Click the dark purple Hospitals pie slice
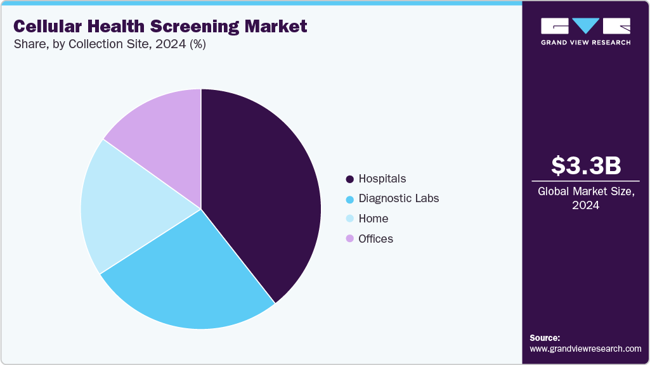tap(266, 190)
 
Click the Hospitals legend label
tap(382, 178)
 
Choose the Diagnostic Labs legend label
tap(398, 198)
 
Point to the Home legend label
tap(373, 219)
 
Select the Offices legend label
tap(375, 239)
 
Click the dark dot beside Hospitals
tap(349, 179)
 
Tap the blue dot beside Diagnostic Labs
tap(349, 199)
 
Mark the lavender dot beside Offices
tap(349, 239)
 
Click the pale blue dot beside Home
tap(349, 219)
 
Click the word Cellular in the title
tap(45, 26)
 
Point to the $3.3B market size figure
tap(585, 165)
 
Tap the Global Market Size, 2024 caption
tap(585, 198)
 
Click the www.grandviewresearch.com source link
tap(585, 349)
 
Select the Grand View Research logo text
tap(585, 42)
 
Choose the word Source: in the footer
tap(545, 338)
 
